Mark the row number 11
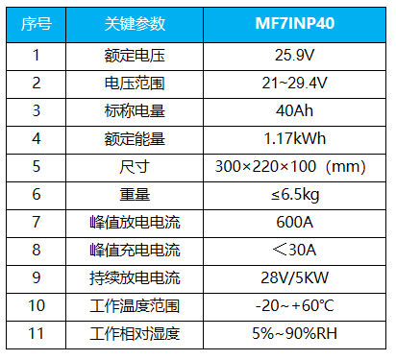point(36,334)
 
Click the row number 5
point(36,166)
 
